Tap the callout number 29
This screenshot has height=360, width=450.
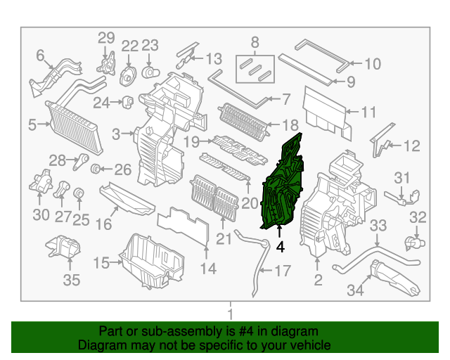[x=105, y=38]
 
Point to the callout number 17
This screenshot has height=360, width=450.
[x=282, y=271]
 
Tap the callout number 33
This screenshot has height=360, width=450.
[x=378, y=226]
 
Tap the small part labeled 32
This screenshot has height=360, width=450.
[x=410, y=243]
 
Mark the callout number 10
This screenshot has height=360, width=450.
[x=372, y=64]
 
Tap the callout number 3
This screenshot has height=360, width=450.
[x=116, y=132]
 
